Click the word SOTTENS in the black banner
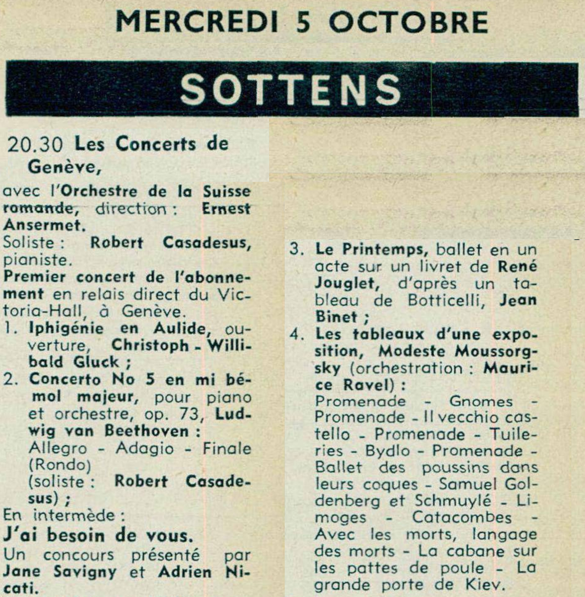(x=291, y=89)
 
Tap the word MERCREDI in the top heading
(x=197, y=21)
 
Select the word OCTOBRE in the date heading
(x=409, y=21)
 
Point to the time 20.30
(x=35, y=144)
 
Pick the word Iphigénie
(x=66, y=328)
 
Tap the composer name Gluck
(x=96, y=362)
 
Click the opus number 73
(x=185, y=414)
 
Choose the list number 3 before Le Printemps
(x=295, y=250)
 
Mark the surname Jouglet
(x=347, y=284)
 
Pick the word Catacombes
(x=462, y=518)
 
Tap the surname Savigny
(x=85, y=572)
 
